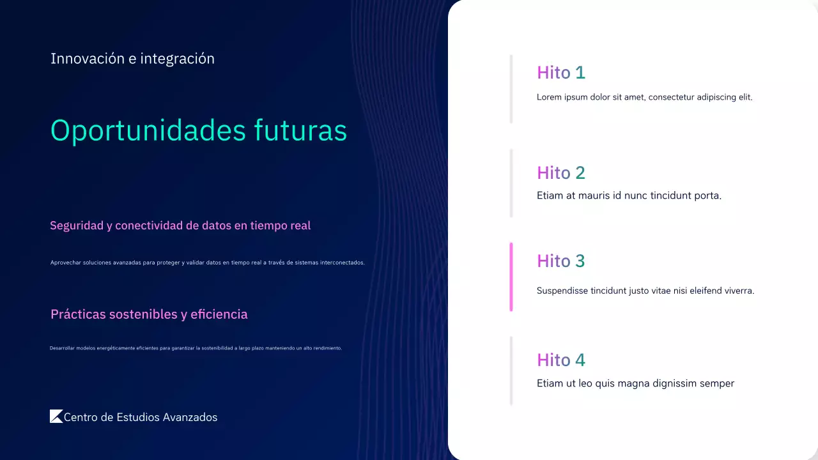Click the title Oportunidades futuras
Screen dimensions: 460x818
pyautogui.click(x=198, y=130)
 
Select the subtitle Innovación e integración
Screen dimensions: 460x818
pyautogui.click(x=132, y=59)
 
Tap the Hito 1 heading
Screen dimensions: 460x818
pyautogui.click(x=560, y=73)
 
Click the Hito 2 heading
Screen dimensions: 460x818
pyautogui.click(x=560, y=173)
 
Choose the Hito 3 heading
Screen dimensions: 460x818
pyautogui.click(x=560, y=261)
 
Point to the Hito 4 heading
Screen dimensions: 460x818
pyautogui.click(x=560, y=360)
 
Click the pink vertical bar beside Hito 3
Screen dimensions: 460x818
pyautogui.click(x=511, y=277)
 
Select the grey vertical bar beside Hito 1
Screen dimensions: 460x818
pyautogui.click(x=511, y=89)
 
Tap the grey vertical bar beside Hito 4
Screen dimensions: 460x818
pyautogui.click(x=511, y=371)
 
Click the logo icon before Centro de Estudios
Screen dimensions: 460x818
pyautogui.click(x=56, y=417)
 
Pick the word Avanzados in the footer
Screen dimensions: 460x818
pyautogui.click(x=190, y=417)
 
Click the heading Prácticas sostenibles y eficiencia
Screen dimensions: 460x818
pyautogui.click(x=149, y=314)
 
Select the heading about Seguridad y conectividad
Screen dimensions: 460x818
pyautogui.click(x=180, y=226)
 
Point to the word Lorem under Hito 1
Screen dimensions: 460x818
pyautogui.click(x=549, y=97)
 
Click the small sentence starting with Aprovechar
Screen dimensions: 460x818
pyautogui.click(x=207, y=263)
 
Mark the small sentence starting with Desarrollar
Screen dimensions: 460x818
pyautogui.click(x=196, y=348)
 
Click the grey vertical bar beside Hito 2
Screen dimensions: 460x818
pyautogui.click(x=511, y=183)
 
